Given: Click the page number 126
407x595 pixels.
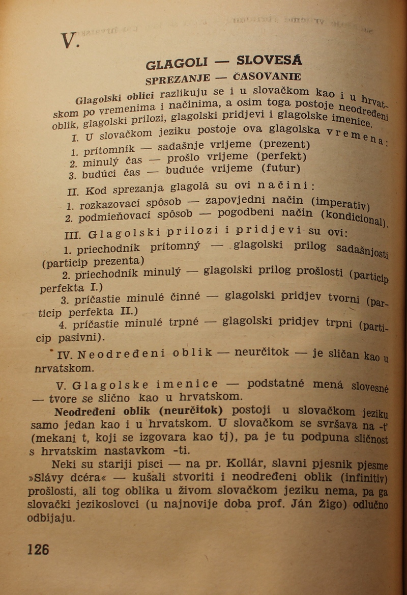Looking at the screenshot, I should click(x=38, y=549).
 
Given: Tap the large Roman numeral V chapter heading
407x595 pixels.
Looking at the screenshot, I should click(x=69, y=40).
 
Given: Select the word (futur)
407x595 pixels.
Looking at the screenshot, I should click(x=281, y=168).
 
